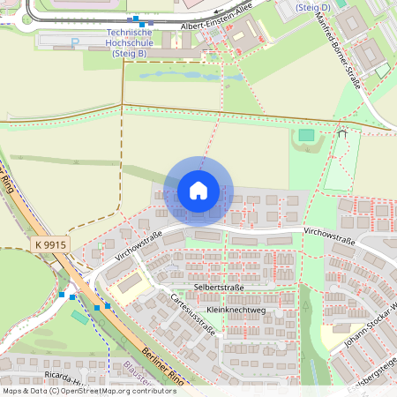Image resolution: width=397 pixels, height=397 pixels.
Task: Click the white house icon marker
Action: point(198,191)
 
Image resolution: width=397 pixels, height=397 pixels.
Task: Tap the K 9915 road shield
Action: point(50,243)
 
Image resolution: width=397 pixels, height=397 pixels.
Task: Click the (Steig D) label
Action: point(313,7)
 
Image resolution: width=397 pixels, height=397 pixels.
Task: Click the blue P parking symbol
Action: point(75,41)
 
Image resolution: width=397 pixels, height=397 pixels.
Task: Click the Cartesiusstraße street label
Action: point(193,316)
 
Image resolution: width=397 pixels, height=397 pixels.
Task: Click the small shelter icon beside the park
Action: point(341,134)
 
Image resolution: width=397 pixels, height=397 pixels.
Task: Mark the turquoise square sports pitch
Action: point(305,135)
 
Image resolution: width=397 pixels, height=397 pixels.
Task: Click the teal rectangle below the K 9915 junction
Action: point(79,316)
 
